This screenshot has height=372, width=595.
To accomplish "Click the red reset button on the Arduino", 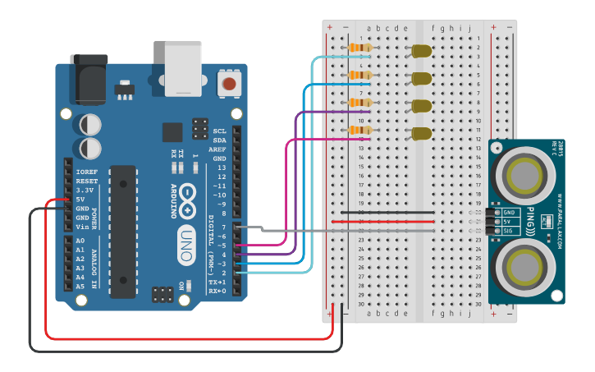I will coord(229,83).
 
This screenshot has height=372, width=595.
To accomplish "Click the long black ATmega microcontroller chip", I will coord(123,231).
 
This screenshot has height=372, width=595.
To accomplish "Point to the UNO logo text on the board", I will coord(186,245).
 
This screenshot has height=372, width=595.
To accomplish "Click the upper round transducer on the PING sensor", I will coord(524,175).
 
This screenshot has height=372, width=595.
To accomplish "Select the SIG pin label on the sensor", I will coord(508,232).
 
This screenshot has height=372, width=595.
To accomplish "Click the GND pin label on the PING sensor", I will coord(508,213).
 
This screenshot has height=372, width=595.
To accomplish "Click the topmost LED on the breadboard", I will coord(422,52).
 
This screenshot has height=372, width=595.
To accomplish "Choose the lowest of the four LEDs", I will coord(422,133).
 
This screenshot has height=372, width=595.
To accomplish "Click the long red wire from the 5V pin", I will coord(189,337).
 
